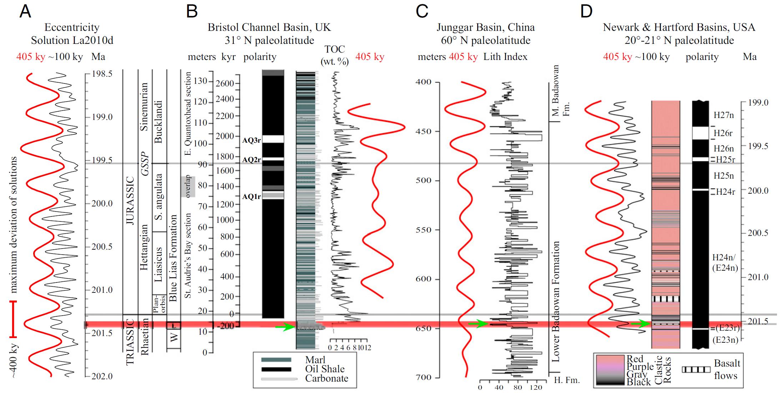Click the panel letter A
pyautogui.click(x=25, y=11)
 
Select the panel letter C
pyautogui.click(x=422, y=11)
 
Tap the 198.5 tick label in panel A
pyautogui.click(x=102, y=74)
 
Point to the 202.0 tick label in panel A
pyautogui.click(x=102, y=376)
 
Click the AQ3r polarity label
pyautogui.click(x=252, y=140)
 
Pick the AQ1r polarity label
pyautogui.click(x=252, y=196)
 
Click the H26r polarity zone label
pyautogui.click(x=723, y=133)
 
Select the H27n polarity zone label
pyautogui.click(x=723, y=115)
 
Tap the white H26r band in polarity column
pyautogui.click(x=700, y=133)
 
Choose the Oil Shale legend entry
pyautogui.click(x=325, y=369)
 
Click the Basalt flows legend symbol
pyautogui.click(x=696, y=369)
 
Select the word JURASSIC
pyautogui.click(x=130, y=200)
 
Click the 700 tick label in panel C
pyautogui.click(x=423, y=377)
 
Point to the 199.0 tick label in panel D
pyautogui.click(x=758, y=103)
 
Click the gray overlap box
pyautogui.click(x=188, y=186)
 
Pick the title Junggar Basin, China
pyautogui.click(x=485, y=27)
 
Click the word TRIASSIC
pyautogui.click(x=130, y=342)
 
